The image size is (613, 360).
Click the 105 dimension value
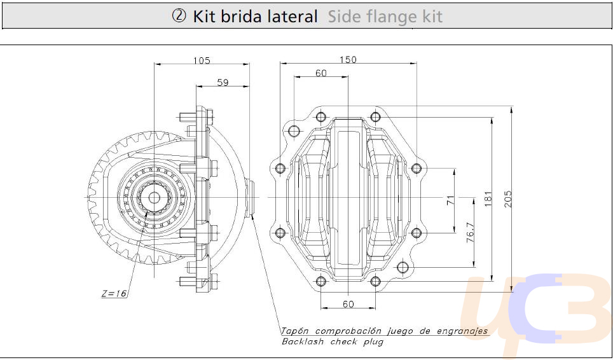(202, 60)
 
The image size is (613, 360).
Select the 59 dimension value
(223, 83)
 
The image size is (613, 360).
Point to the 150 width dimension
(348, 60)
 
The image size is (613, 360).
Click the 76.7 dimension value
(471, 233)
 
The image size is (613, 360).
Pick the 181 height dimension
(488, 198)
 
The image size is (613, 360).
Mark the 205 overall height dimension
(508, 198)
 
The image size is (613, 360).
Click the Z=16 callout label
(114, 293)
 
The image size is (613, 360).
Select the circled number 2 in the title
(179, 17)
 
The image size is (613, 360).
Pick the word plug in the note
(373, 342)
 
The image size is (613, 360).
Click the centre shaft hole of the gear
(155, 198)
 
